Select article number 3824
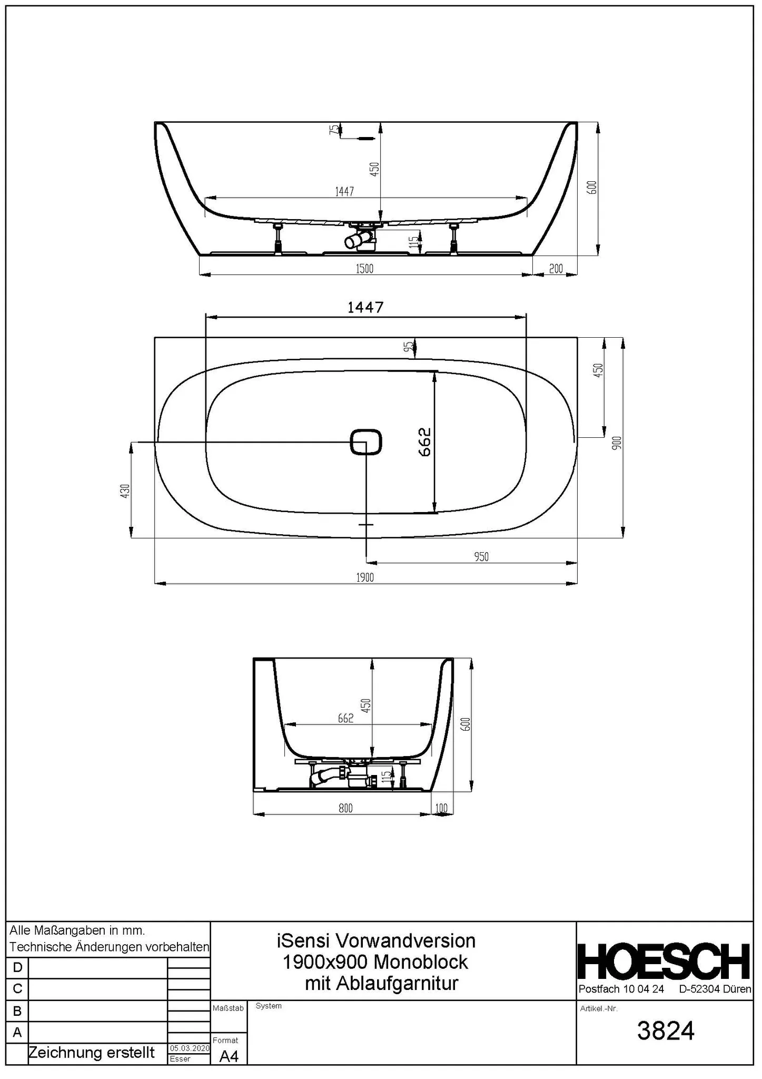click(x=666, y=1031)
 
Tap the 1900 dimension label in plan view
click(x=365, y=578)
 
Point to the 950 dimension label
click(x=481, y=557)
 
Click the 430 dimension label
click(x=125, y=491)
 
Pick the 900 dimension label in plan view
click(x=618, y=443)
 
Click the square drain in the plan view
click(x=366, y=442)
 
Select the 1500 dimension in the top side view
click(x=364, y=269)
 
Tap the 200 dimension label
click(x=556, y=269)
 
